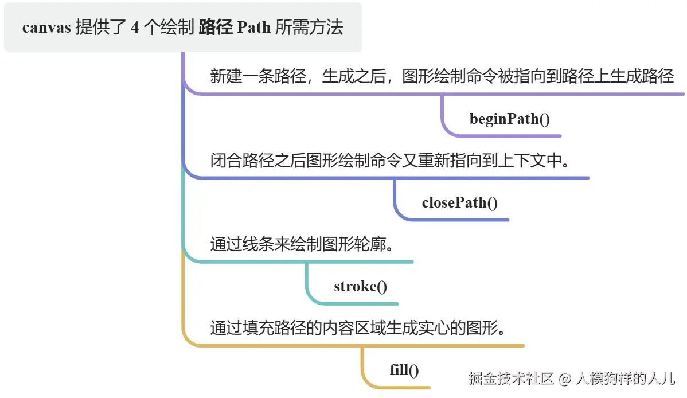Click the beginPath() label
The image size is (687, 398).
[510, 119]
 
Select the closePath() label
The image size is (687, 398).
[459, 202]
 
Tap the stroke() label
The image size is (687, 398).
[360, 286]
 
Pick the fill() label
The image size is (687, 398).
[404, 370]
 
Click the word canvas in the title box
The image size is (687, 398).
[46, 28]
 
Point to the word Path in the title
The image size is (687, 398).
[253, 27]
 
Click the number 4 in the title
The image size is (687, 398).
[135, 28]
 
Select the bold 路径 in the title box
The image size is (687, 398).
[216, 27]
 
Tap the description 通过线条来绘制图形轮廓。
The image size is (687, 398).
[302, 244]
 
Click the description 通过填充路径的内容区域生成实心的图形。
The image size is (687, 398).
[358, 328]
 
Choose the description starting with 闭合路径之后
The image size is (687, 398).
[389, 161]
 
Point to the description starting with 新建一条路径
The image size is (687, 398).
[442, 76]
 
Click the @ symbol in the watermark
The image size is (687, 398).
[565, 379]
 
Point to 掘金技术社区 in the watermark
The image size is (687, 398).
[512, 378]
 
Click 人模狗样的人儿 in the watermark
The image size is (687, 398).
[625, 378]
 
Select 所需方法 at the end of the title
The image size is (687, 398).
[309, 27]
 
